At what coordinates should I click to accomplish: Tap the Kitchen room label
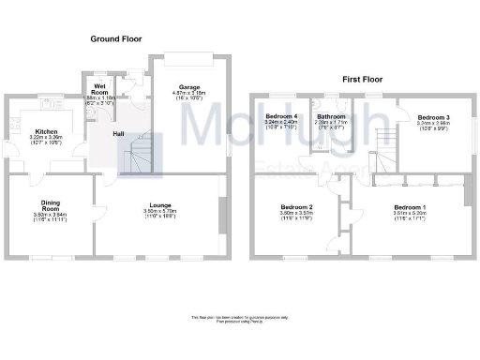(x=47, y=131)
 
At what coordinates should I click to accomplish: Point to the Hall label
(x=120, y=133)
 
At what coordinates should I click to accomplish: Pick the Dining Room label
(x=51, y=205)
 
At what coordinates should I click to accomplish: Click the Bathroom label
(x=330, y=115)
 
